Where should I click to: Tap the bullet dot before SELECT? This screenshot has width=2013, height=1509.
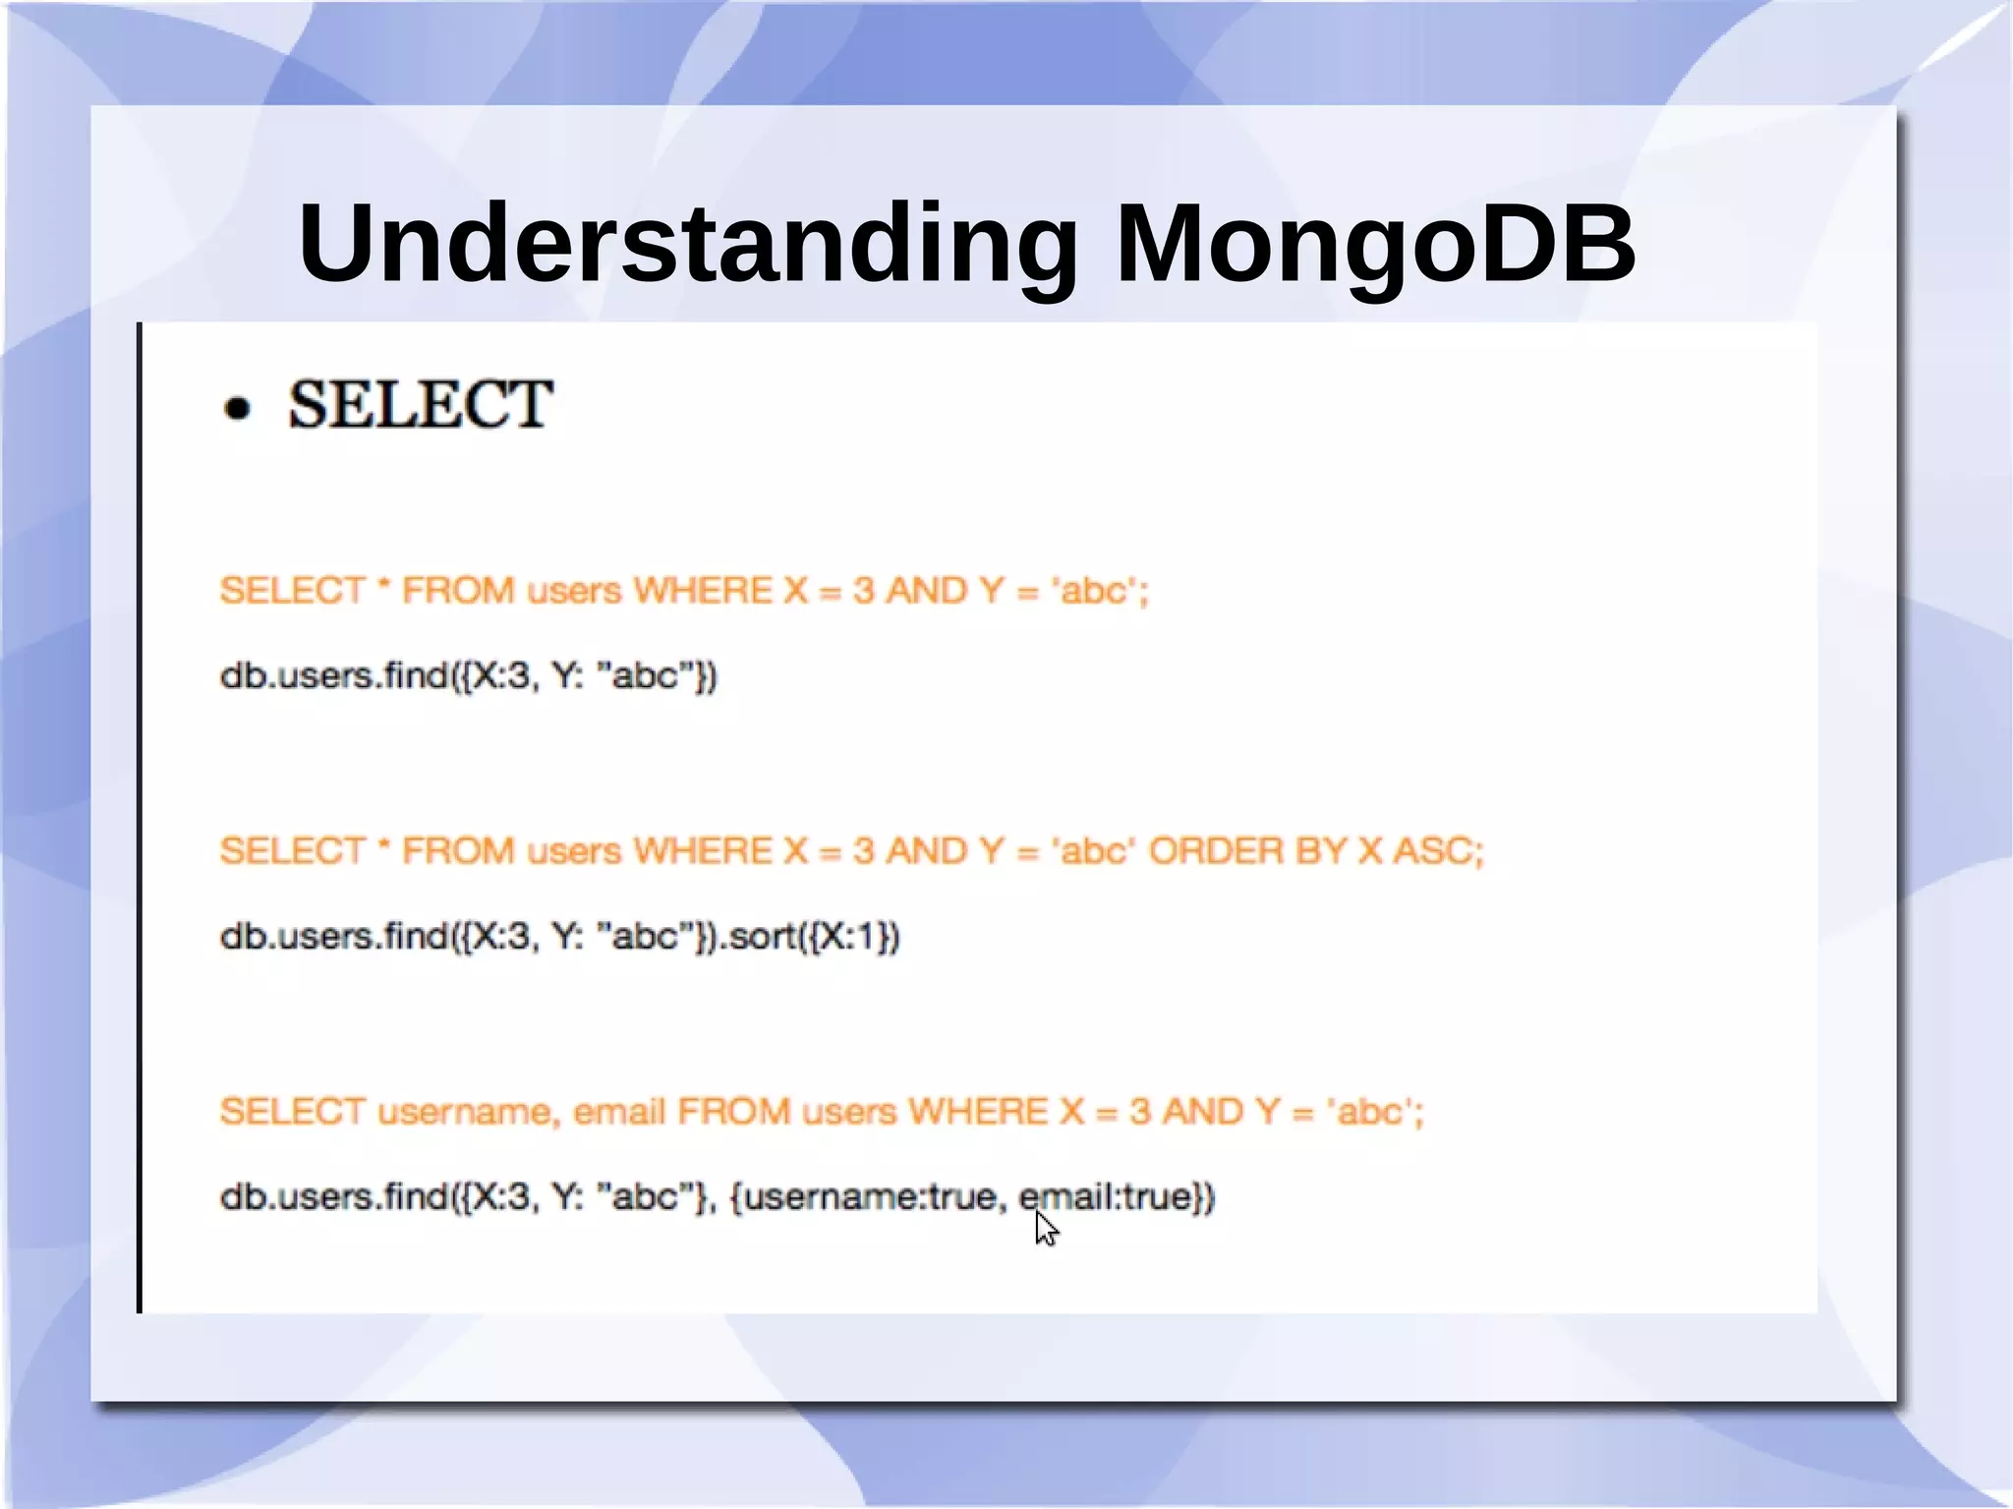coord(237,408)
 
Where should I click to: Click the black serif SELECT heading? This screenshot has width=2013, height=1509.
coord(420,404)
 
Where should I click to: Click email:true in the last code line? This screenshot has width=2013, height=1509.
coord(1117,1197)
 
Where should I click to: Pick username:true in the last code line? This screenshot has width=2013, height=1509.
coord(869,1197)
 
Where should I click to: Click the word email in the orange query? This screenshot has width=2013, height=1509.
coord(618,1112)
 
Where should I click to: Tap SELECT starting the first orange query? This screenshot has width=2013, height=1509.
coord(292,591)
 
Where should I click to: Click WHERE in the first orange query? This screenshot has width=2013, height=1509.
coord(703,591)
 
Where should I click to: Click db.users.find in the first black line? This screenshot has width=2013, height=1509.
coord(334,675)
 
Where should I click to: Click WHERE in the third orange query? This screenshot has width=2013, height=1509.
coord(978,1112)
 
